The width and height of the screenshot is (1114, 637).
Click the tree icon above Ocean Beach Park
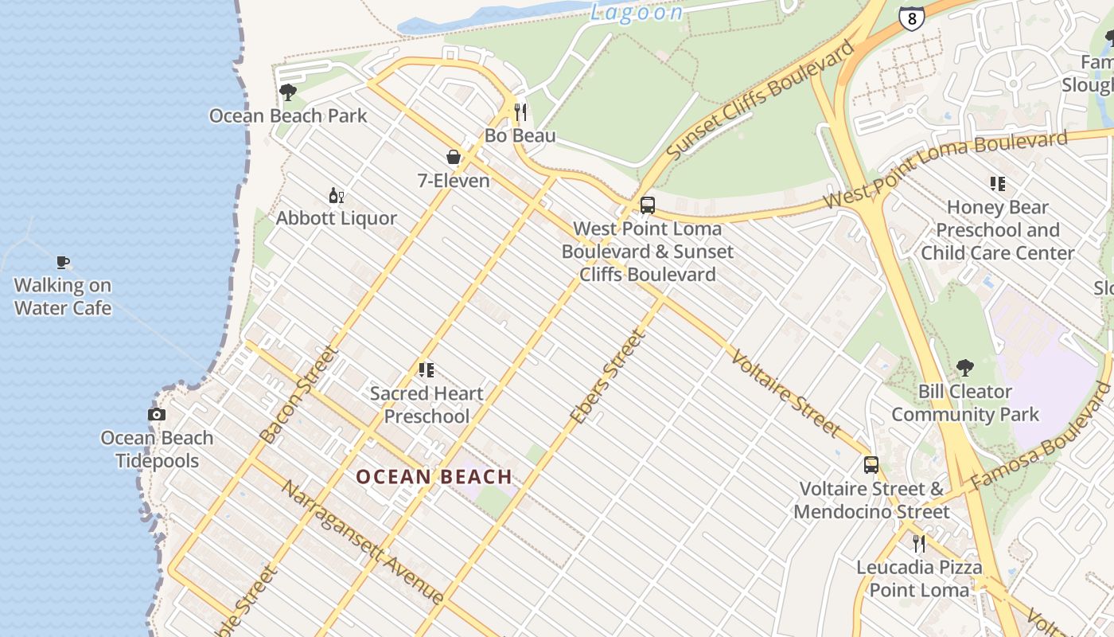click(x=288, y=92)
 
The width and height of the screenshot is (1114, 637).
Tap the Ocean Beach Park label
click(x=288, y=116)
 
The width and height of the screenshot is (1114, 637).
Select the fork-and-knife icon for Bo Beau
click(x=520, y=112)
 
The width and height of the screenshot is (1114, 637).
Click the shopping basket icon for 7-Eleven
click(x=454, y=157)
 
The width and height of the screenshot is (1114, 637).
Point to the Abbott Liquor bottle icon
click(x=336, y=195)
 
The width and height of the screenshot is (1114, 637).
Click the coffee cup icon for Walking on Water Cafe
click(x=63, y=262)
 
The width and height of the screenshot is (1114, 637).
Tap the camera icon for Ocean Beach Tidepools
click(x=157, y=414)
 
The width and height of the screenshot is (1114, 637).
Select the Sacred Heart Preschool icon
click(x=427, y=370)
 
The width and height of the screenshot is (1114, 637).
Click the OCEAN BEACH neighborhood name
click(x=434, y=477)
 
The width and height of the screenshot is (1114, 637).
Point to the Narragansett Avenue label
click(x=361, y=541)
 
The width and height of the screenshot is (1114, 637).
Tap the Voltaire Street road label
click(x=785, y=393)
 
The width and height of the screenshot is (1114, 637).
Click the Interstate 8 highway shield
click(x=912, y=18)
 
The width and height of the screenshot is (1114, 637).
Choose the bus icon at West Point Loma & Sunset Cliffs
click(x=648, y=205)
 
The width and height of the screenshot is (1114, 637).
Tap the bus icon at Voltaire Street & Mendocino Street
click(x=871, y=465)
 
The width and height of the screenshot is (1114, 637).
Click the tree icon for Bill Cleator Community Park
click(x=965, y=368)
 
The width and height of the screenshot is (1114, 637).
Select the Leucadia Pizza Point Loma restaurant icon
click(x=919, y=544)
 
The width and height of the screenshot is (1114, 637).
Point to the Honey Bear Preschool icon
click(x=998, y=184)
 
